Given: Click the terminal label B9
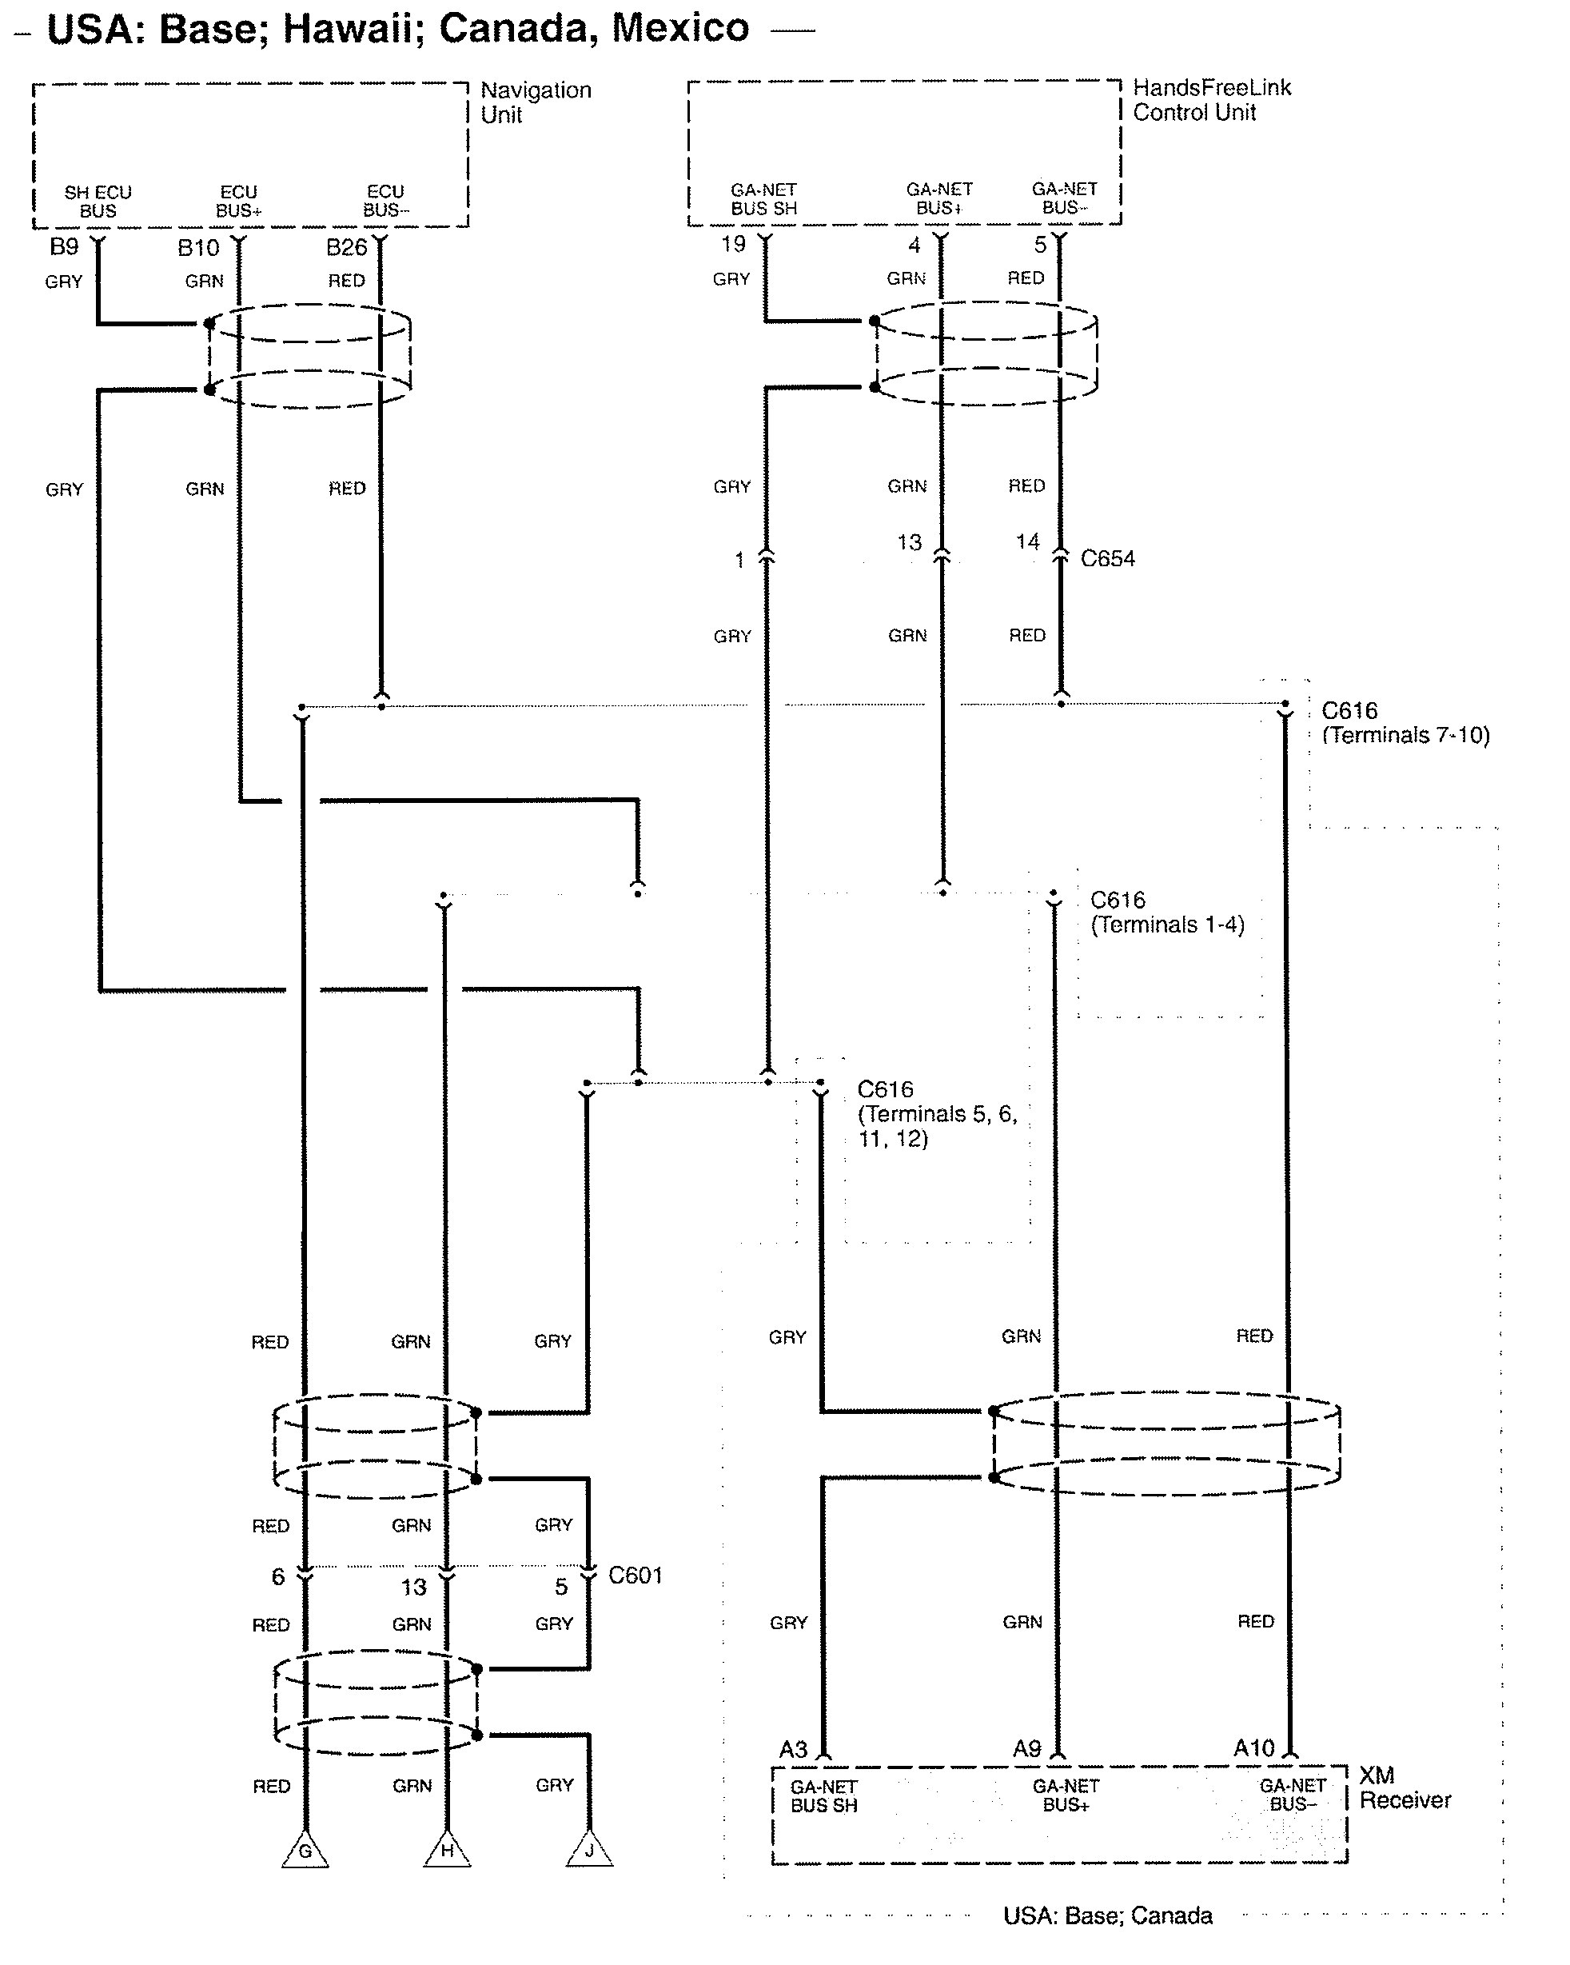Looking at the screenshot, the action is point(64,247).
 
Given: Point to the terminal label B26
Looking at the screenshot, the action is point(346,247).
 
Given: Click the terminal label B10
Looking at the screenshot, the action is point(198,247).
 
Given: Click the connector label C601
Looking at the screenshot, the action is point(635,1575).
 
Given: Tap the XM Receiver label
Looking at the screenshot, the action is point(1405,1787).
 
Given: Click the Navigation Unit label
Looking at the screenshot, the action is point(536,102).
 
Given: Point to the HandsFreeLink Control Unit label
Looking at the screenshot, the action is point(1212,99).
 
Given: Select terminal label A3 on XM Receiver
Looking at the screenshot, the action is point(793,1748).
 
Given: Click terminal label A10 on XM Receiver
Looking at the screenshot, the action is point(1253,1747).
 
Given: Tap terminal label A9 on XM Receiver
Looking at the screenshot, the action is point(1027,1748).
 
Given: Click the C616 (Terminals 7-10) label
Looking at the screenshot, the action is point(1405,723).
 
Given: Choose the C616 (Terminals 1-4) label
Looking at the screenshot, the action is point(1167,913).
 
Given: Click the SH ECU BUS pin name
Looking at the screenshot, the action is point(98,202).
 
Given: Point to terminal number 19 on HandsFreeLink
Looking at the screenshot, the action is point(734,243).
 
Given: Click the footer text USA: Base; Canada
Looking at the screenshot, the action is point(1107,1915).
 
